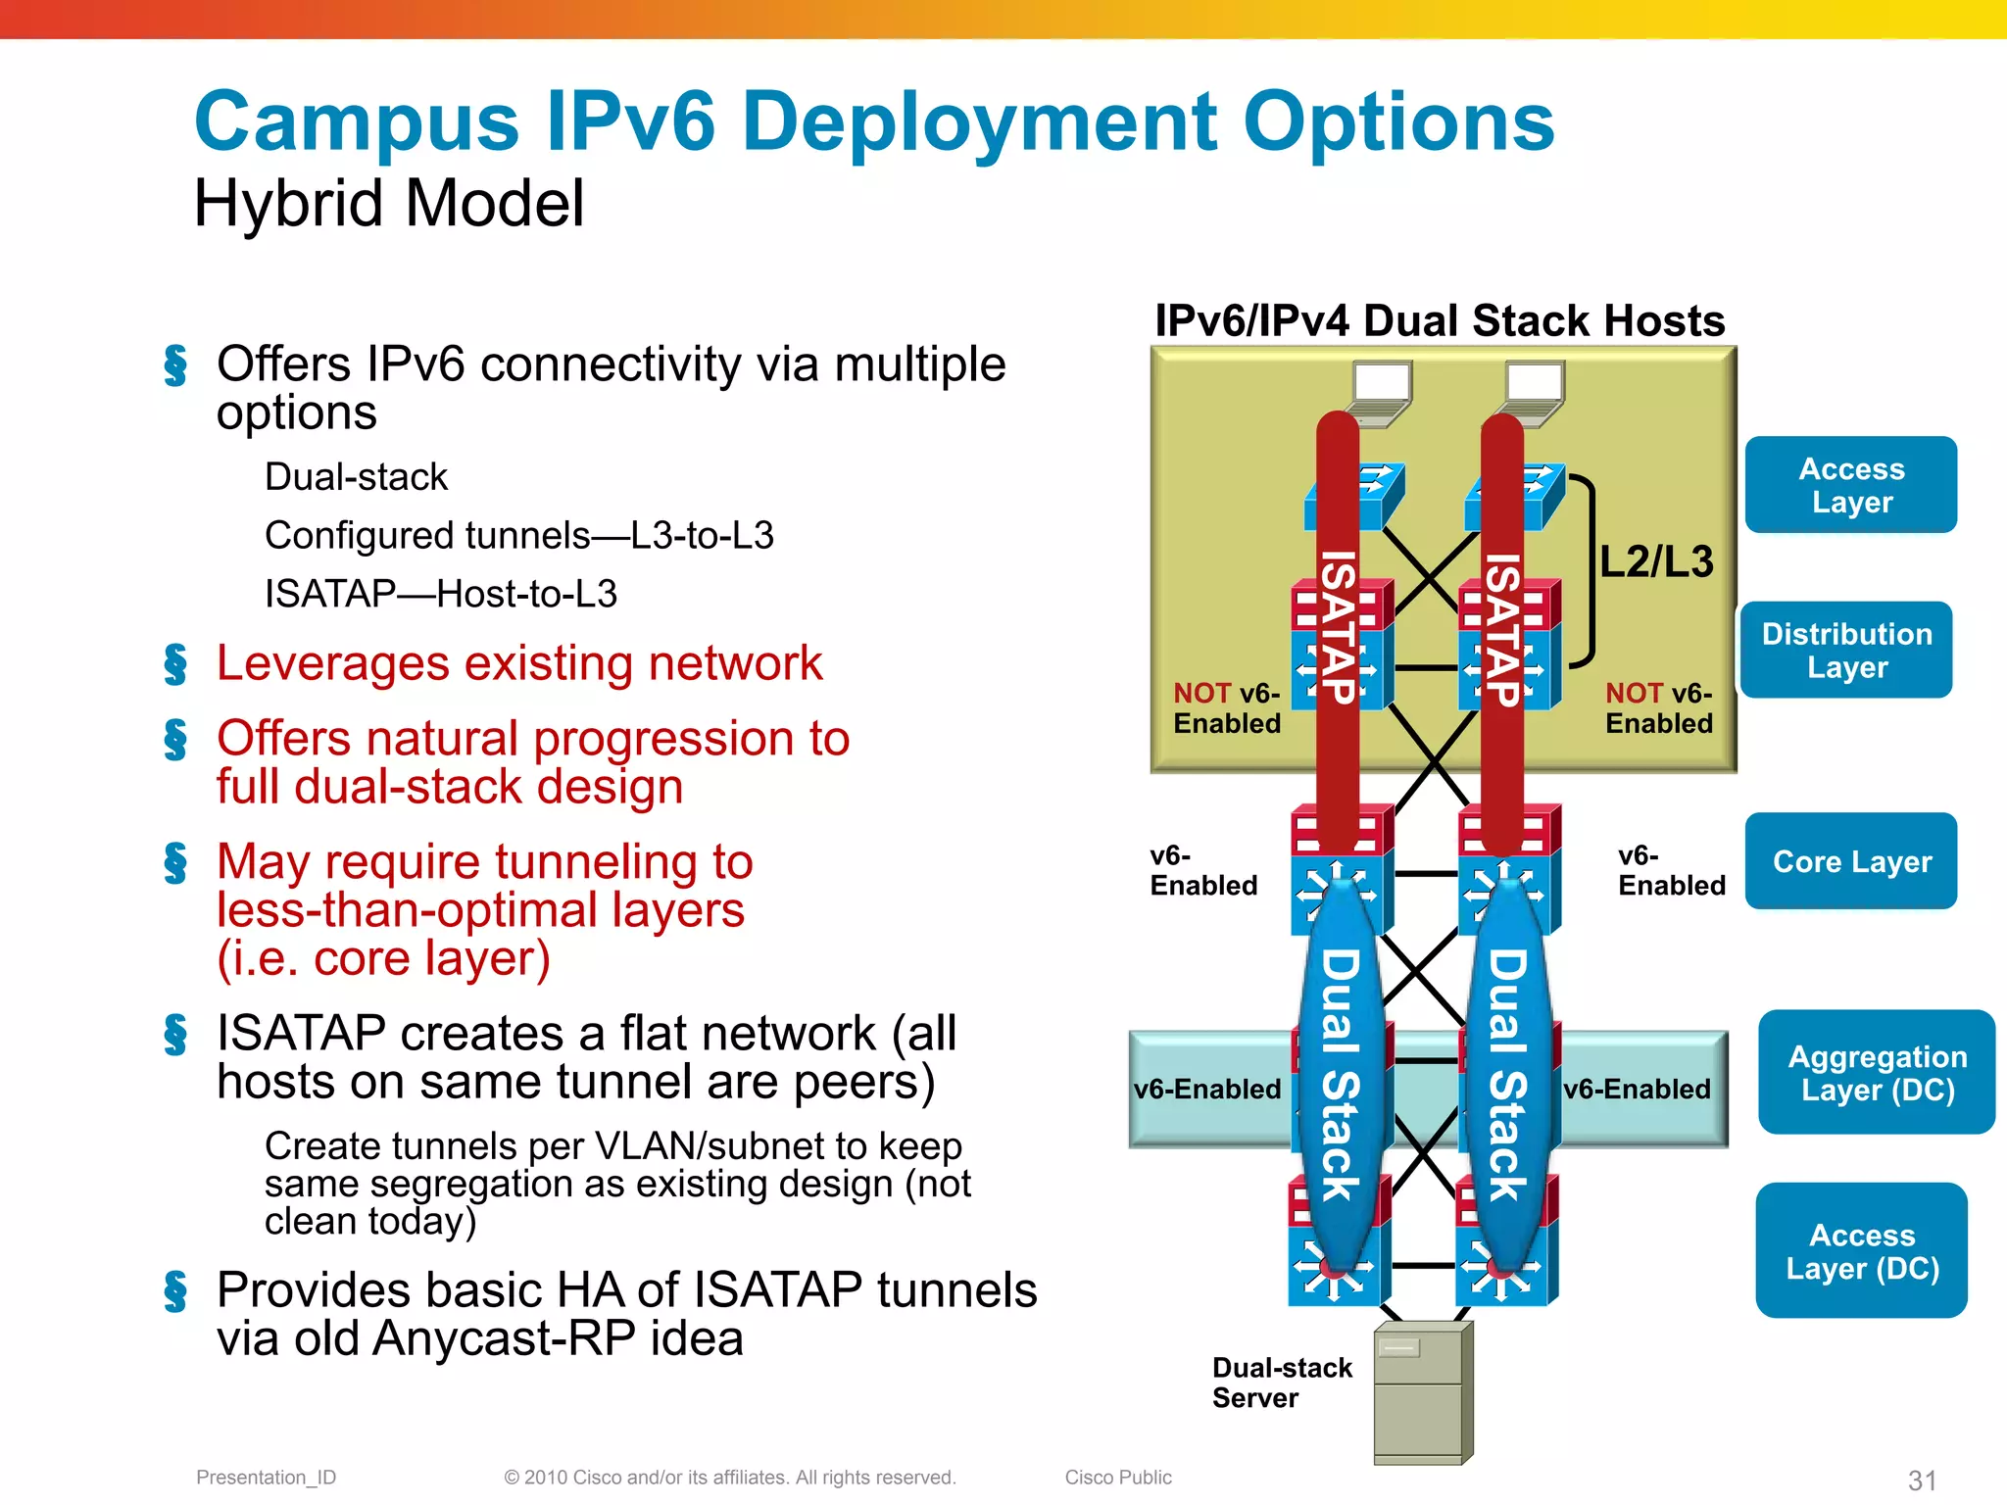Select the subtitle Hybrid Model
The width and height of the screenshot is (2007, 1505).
tap(389, 204)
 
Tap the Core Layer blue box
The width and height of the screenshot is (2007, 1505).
tap(1851, 861)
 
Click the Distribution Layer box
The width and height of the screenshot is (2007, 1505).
tap(1846, 650)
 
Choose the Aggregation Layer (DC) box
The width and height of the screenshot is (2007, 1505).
tap(1877, 1072)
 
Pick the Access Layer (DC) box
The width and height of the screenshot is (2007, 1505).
tap(1861, 1250)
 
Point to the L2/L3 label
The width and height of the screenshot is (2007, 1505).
tap(1656, 562)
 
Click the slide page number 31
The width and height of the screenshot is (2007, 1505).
tap(1922, 1480)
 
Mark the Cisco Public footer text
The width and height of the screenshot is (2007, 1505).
tap(1118, 1477)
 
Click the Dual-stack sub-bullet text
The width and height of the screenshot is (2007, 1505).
tap(356, 477)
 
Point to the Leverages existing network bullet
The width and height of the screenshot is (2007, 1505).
tap(519, 663)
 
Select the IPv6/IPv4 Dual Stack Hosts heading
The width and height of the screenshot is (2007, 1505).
tap(1440, 321)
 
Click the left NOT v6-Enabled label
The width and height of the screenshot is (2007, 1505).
tap(1227, 707)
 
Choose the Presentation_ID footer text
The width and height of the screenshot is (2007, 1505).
tap(266, 1477)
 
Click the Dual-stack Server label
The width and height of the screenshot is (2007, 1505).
tap(1281, 1383)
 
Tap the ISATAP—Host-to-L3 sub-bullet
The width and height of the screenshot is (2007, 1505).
tap(441, 594)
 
